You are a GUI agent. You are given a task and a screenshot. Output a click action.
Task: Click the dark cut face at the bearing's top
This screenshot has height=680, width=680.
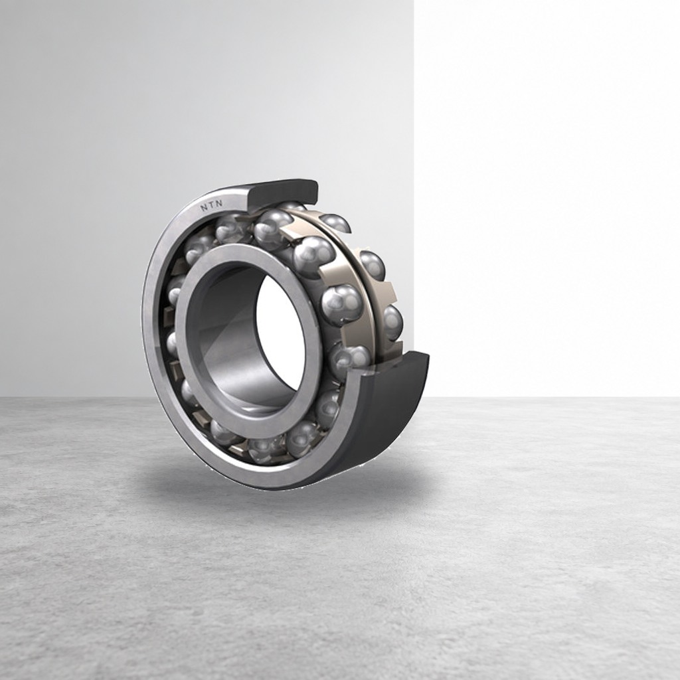(283, 191)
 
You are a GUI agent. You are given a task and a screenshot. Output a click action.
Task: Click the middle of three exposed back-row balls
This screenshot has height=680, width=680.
(372, 266)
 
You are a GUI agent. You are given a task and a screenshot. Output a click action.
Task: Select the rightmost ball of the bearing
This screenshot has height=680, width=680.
(393, 322)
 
